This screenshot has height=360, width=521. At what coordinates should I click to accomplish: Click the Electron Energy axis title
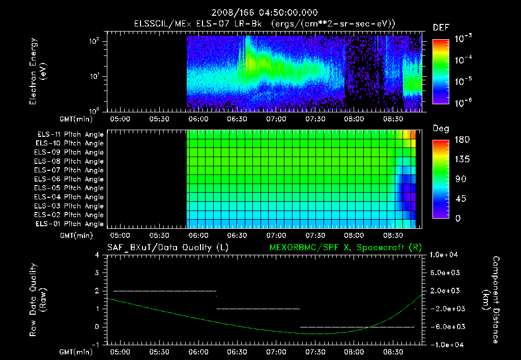(38, 73)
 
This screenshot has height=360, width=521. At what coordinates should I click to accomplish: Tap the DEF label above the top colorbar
(441, 27)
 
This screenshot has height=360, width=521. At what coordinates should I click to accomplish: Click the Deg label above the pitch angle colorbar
(441, 129)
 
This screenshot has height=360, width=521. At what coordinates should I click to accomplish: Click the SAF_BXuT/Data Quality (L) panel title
(167, 247)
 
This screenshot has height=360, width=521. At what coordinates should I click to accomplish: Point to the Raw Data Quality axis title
(39, 300)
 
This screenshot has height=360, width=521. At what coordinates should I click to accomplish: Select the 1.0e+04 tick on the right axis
(445, 255)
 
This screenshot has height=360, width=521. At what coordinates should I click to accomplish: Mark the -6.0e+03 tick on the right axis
(445, 326)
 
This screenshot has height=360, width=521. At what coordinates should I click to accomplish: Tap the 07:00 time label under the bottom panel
(276, 352)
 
